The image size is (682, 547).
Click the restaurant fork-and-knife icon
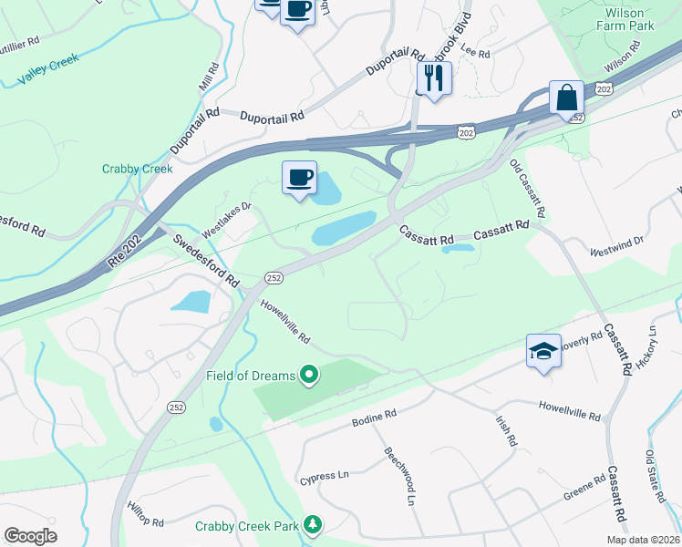coord(434,78)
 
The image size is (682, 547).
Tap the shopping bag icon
coord(566,98)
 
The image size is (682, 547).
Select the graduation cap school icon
coord(543,351)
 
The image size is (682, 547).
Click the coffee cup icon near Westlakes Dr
coord(298,177)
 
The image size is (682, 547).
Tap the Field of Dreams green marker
coord(308,375)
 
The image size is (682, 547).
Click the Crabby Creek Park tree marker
coord(313,525)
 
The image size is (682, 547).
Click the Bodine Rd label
coord(374,418)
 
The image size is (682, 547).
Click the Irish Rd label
coord(506,429)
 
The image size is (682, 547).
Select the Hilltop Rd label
coord(145,515)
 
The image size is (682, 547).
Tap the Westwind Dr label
coord(616,244)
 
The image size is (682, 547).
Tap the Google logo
coord(30,536)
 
